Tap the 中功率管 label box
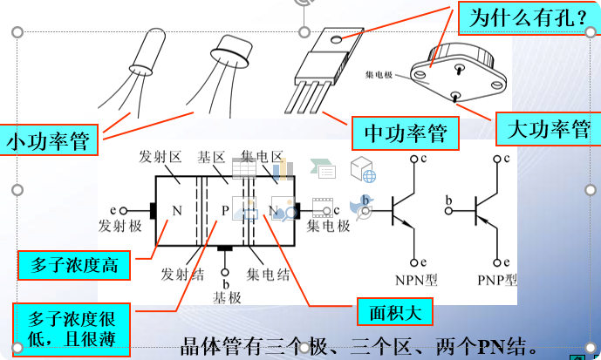[x=405, y=132]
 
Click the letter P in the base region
[x=225, y=210]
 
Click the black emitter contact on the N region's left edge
[x=152, y=210]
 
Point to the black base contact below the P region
[x=225, y=248]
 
